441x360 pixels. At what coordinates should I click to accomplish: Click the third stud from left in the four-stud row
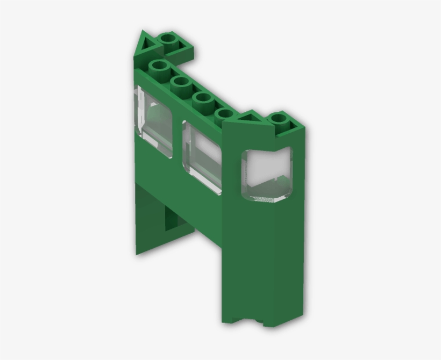pos(203,98)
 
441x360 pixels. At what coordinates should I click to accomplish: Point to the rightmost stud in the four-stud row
pos(224,114)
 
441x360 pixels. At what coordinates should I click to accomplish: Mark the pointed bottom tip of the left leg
pos(138,253)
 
